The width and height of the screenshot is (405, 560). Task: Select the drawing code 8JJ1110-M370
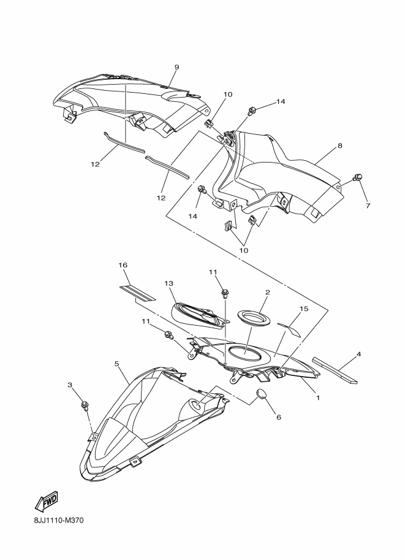point(59,520)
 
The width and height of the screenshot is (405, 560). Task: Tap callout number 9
point(176,67)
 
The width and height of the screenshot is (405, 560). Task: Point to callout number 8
point(339,146)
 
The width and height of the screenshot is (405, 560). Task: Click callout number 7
point(368,205)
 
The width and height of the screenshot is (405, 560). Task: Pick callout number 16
point(123,265)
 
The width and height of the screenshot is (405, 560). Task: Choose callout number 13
point(168,283)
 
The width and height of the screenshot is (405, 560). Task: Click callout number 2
point(267,292)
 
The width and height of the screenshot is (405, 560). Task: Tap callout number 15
point(304,309)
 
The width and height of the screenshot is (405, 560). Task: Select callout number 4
point(358,355)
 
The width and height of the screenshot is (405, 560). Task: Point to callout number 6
point(279,417)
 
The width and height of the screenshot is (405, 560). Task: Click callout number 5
point(116,364)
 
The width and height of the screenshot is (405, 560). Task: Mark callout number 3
point(70,385)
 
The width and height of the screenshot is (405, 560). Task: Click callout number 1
point(317,397)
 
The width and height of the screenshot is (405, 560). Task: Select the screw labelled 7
point(357,177)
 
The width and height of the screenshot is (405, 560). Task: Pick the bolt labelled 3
point(85,405)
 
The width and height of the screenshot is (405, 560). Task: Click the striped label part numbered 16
point(137,293)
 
